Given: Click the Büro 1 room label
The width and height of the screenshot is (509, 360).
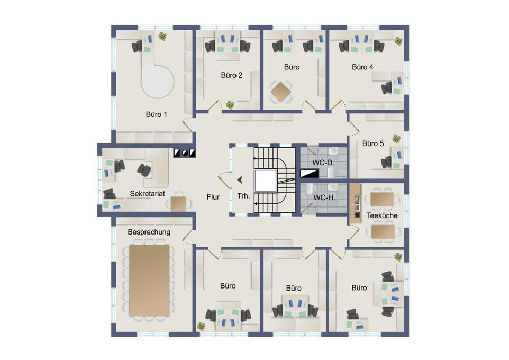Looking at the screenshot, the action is pos(157,114).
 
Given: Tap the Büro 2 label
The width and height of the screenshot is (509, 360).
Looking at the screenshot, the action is pos(231,75).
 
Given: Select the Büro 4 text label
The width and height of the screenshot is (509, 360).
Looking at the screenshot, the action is pos(362,67).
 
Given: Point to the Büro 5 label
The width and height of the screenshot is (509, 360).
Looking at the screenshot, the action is pos(373,143).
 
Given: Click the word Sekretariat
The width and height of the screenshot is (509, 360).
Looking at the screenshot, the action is pos(148,194).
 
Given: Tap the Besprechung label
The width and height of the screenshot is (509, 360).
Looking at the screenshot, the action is pos(149,232).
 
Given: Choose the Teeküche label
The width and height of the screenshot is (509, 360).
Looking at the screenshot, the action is pos(382,215).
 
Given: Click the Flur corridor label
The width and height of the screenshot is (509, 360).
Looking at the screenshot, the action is pos(213,197).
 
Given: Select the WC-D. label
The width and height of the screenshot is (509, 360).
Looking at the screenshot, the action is pos(323,163).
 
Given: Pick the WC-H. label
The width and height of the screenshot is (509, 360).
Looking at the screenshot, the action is pos(324,197).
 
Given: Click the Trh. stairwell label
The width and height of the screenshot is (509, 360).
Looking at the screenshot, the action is pos(243,196).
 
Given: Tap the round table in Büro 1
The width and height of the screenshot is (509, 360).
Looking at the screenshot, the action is pos(158,81).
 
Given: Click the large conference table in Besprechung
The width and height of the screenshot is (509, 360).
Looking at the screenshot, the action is pos(149,281).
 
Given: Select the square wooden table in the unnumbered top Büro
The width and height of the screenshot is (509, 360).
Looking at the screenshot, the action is pos(281,92).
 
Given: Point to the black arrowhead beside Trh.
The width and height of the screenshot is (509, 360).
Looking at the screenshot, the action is pos(240,179).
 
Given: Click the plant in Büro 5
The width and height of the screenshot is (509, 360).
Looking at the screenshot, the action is pos(396,139).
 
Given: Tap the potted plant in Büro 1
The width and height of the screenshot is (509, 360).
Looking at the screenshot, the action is pos(162,36).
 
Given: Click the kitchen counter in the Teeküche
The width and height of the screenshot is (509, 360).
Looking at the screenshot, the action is pos(356,203).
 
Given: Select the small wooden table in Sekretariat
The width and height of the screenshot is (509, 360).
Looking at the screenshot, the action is pos(178,204).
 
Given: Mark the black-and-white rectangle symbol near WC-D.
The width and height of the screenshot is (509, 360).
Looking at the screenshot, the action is pos(310,174).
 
